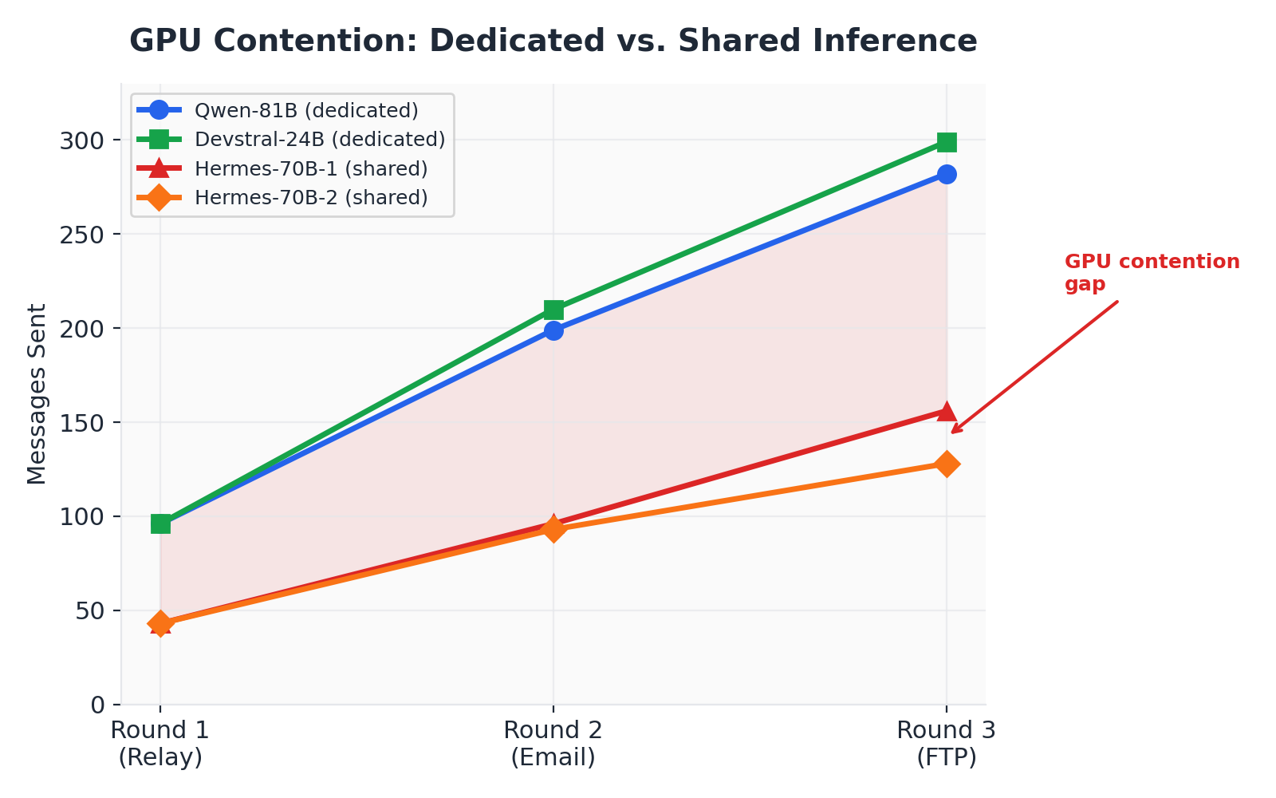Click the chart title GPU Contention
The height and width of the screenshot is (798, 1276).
pyautogui.click(x=553, y=41)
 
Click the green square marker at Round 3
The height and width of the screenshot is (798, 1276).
pyautogui.click(x=947, y=142)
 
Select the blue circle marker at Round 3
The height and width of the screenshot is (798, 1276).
pyautogui.click(x=947, y=174)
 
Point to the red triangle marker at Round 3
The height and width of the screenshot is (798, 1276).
pyautogui.click(x=947, y=412)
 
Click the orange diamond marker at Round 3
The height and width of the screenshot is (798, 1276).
pyautogui.click(x=947, y=464)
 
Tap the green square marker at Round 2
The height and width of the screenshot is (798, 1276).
pyautogui.click(x=553, y=310)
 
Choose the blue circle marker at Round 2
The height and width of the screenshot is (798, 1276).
pyautogui.click(x=553, y=330)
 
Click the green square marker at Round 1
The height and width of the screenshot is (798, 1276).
pyautogui.click(x=160, y=523)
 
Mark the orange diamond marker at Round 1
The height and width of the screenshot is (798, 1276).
pyautogui.click(x=160, y=623)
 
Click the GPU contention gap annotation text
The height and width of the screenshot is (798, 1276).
pyautogui.click(x=1151, y=273)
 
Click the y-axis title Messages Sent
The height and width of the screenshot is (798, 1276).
pyautogui.click(x=37, y=394)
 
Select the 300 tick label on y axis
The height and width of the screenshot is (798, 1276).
pyautogui.click(x=82, y=140)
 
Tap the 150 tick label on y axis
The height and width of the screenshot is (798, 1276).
pyautogui.click(x=82, y=423)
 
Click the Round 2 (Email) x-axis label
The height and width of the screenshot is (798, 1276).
pyautogui.click(x=553, y=744)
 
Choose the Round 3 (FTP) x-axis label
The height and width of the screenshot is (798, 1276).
pyautogui.click(x=946, y=744)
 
